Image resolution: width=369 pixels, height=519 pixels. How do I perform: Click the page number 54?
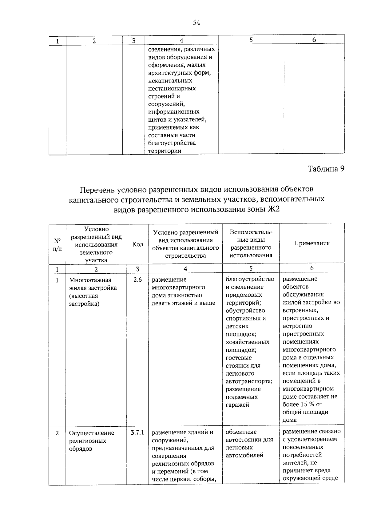coord(196,22)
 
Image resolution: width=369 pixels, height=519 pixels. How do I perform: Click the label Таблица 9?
coord(326,169)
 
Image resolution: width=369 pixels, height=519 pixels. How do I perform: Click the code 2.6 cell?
coord(137,280)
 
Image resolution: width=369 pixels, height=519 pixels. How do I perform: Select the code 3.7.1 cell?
coord(137,432)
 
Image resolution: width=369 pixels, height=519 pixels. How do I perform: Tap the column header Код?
coord(137,244)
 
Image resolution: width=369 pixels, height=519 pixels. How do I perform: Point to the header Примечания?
coord(312,243)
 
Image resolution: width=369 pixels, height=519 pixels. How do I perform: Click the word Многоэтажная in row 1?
coord(90,280)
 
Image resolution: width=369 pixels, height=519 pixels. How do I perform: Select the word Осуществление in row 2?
coord(91,433)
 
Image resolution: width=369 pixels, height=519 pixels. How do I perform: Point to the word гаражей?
coord(237,405)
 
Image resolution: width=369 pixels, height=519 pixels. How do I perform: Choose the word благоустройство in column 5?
coord(250,279)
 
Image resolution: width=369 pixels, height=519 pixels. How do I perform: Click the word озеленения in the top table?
coord(163,49)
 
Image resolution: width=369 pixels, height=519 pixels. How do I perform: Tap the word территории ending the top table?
coord(165,151)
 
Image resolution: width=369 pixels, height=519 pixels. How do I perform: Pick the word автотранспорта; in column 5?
coord(249,381)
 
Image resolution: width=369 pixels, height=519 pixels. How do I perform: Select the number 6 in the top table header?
coord(314,39)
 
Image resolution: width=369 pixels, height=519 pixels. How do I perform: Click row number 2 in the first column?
coord(57,433)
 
